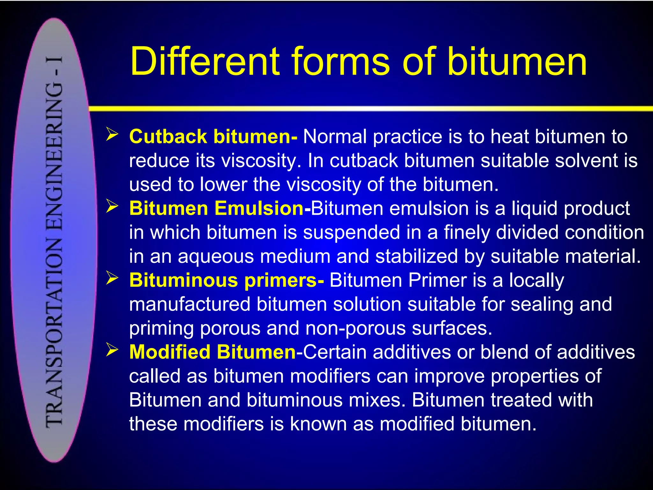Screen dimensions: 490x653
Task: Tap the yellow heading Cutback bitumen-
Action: pyautogui.click(x=213, y=137)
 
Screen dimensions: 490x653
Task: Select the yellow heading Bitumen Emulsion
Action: pyautogui.click(x=216, y=208)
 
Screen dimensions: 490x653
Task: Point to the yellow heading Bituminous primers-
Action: pyautogui.click(x=227, y=280)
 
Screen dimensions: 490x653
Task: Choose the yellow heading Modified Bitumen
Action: pyautogui.click(x=212, y=352)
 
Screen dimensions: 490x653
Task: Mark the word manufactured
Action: pyautogui.click(x=190, y=304)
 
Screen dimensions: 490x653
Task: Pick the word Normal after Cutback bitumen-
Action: pyautogui.click(x=335, y=137)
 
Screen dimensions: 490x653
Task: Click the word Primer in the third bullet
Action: pyautogui.click(x=438, y=280)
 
